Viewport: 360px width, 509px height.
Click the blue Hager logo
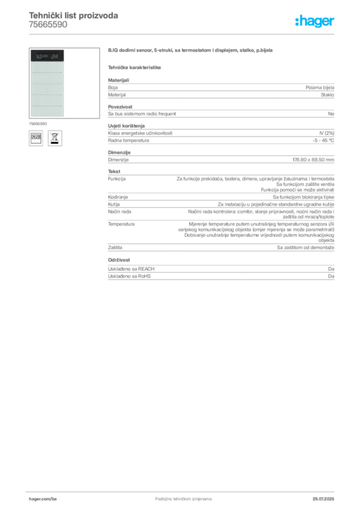coord(315,21)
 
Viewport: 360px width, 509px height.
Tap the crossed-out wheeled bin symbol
coord(54,138)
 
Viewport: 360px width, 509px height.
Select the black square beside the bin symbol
coord(36,138)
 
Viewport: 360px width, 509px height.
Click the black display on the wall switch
coord(46,56)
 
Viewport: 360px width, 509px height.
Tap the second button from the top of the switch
coord(46,79)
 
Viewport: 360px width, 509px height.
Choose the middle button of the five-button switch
coord(46,89)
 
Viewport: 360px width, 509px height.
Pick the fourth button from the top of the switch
coord(46,100)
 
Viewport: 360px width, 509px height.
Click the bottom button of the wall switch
coord(46,111)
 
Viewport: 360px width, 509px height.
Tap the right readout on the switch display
coord(55,56)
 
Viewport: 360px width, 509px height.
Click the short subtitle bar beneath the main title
coord(135,67)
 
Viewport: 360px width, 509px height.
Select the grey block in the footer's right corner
coord(324,496)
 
